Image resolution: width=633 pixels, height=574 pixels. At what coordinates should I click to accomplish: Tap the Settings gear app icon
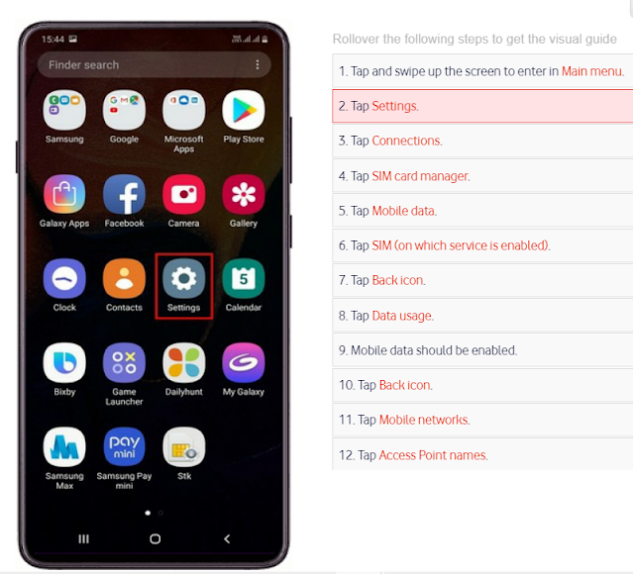click(183, 278)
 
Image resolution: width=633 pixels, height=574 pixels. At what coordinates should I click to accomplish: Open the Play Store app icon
click(243, 110)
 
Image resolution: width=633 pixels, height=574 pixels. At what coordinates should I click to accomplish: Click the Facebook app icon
click(124, 194)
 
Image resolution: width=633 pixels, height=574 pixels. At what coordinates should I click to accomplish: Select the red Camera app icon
click(183, 194)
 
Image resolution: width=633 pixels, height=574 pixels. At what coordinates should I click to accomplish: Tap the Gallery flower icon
click(243, 194)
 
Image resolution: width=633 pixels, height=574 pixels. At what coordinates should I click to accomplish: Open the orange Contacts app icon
click(124, 278)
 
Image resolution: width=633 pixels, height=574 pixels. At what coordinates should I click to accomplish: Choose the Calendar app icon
click(243, 278)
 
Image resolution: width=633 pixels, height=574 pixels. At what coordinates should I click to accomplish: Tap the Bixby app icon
click(64, 362)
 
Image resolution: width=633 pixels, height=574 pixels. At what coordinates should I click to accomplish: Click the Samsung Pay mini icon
click(124, 447)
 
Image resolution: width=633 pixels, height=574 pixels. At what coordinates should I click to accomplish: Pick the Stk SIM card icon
click(183, 447)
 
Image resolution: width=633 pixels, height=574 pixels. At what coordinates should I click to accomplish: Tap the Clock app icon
click(64, 278)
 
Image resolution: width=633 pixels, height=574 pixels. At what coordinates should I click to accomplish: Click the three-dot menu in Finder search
click(258, 65)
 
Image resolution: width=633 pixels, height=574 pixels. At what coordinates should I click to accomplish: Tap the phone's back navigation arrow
click(227, 538)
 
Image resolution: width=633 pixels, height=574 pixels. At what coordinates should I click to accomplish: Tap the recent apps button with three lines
click(83, 538)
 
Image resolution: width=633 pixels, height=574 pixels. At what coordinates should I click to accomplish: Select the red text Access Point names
click(433, 455)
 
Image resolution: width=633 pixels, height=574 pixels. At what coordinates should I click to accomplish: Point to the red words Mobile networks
click(424, 420)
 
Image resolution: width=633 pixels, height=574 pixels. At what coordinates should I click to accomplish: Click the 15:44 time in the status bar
click(53, 40)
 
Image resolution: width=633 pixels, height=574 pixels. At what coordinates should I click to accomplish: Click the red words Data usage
click(402, 316)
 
